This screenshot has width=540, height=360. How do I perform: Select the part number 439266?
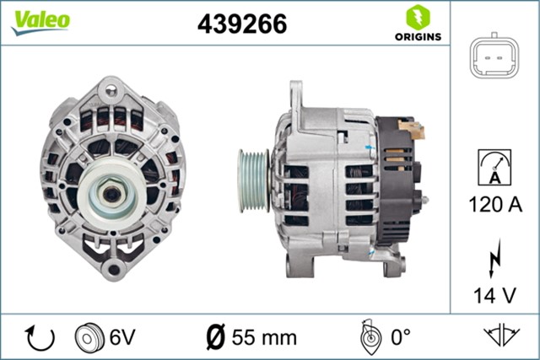pos(242,24)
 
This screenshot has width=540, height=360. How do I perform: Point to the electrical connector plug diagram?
pos(494,56)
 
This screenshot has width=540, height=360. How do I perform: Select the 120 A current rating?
pos(494,204)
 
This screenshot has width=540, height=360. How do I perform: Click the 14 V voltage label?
pos(494,295)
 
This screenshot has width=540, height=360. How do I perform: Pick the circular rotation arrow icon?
pos(40,337)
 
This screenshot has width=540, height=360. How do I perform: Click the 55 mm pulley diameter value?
pos(264,338)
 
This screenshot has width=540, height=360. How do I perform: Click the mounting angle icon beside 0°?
pos(368,337)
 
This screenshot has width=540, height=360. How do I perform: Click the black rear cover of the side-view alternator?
pos(396,181)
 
